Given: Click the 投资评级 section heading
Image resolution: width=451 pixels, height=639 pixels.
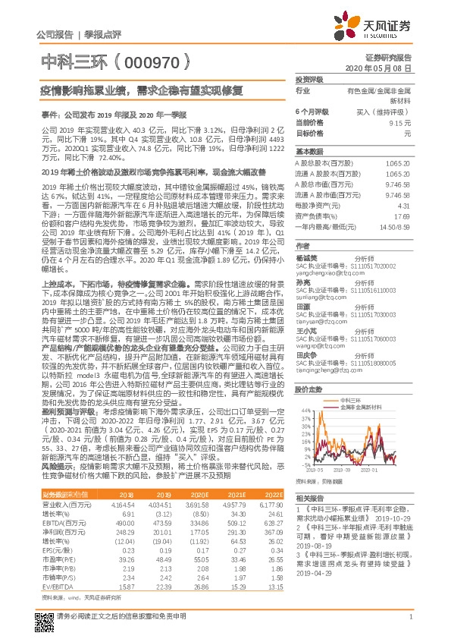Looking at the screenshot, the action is [308, 79].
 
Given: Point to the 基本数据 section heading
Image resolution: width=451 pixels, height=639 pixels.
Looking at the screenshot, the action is [308, 151].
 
